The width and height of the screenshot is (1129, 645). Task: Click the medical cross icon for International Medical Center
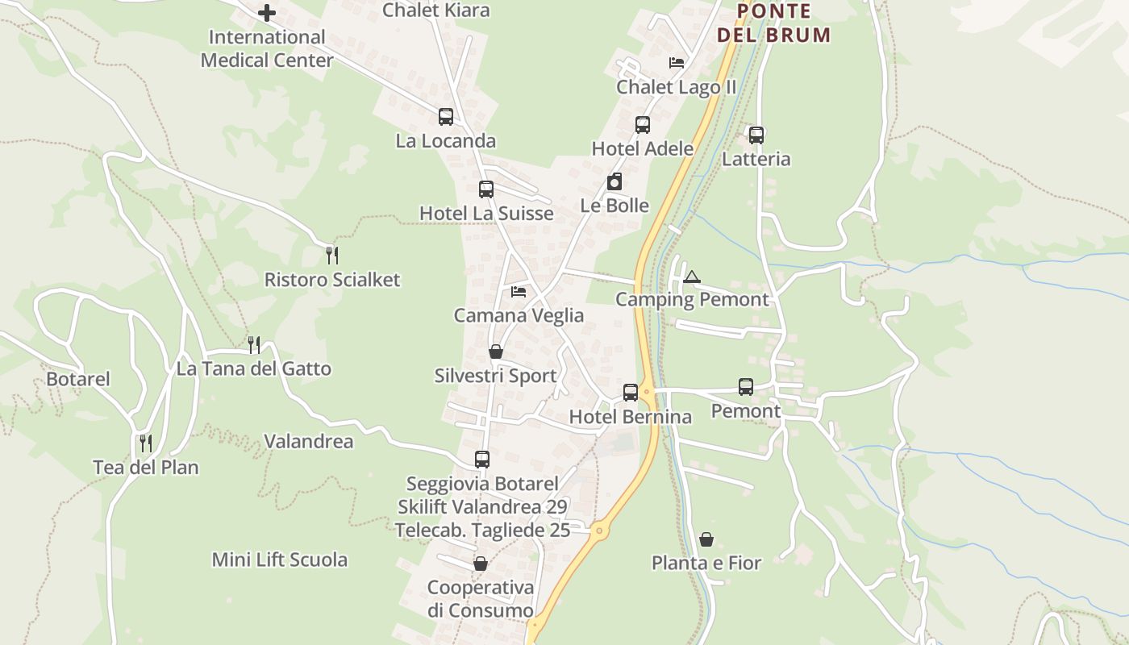[267, 13]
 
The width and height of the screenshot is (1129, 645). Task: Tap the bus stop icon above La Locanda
[446, 117]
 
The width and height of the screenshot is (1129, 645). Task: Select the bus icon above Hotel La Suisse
[486, 189]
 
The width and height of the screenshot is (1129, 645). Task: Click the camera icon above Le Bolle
[614, 181]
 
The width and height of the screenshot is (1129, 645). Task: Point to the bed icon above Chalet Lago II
[677, 62]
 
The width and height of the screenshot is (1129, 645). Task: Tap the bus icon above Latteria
[756, 135]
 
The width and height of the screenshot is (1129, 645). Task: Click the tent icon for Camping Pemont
[692, 277]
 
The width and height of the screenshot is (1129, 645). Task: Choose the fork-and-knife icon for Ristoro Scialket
[331, 256]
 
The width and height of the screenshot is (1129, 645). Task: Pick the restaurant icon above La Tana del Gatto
[254, 345]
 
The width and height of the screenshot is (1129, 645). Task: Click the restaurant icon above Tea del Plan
[146, 443]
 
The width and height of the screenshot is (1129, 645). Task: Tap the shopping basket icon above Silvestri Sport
[496, 352]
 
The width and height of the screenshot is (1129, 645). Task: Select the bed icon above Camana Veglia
[519, 291]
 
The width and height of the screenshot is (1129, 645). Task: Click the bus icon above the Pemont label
[746, 387]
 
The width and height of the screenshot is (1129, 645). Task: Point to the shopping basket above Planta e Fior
[706, 539]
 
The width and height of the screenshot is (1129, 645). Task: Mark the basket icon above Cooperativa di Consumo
[481, 564]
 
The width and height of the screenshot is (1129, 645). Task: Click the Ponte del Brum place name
[773, 23]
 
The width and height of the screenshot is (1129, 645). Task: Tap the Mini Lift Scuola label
[280, 560]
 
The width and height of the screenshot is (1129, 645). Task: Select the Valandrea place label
[309, 441]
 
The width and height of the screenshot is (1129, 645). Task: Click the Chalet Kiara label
[435, 10]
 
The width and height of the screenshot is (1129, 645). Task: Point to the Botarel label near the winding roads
[78, 379]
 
